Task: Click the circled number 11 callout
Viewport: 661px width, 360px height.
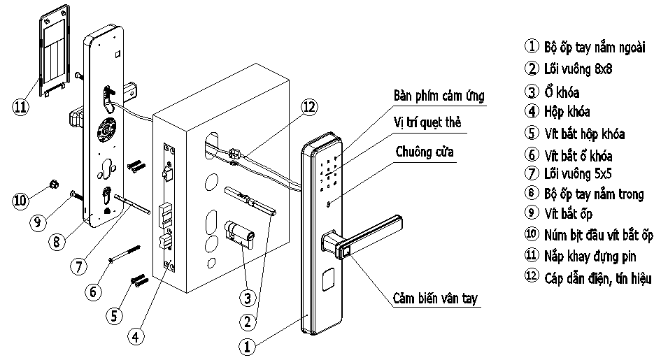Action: (x=22, y=106)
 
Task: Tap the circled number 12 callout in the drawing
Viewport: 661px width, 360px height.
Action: (x=308, y=107)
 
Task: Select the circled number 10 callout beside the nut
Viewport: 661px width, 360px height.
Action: (x=22, y=201)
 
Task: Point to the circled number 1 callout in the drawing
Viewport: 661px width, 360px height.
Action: (x=246, y=345)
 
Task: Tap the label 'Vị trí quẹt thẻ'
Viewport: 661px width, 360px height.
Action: (x=427, y=122)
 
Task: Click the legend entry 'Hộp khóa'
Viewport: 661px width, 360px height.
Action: (x=567, y=112)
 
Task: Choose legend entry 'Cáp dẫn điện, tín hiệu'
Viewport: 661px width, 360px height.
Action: (x=597, y=278)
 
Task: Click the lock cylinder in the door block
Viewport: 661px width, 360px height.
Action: (x=240, y=234)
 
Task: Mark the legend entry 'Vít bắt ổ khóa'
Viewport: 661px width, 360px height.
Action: (x=578, y=154)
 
